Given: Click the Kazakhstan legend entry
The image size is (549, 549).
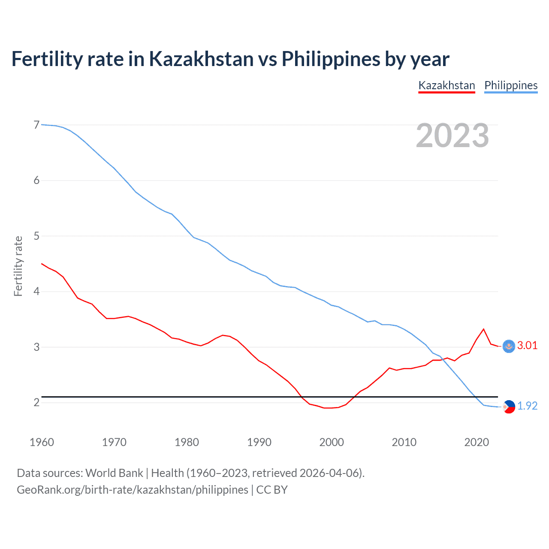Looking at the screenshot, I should [x=446, y=85].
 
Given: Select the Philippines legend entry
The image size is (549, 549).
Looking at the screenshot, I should [x=511, y=85].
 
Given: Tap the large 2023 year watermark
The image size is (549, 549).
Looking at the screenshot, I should [x=452, y=136].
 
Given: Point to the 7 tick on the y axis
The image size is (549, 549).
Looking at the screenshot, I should [x=36, y=125].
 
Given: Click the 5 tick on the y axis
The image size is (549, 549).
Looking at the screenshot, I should [x=36, y=236].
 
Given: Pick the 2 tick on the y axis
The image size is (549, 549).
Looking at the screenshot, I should [x=36, y=402].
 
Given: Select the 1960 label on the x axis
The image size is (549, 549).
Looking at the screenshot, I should [x=42, y=442].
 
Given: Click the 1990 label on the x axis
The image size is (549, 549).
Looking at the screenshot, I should [x=259, y=442].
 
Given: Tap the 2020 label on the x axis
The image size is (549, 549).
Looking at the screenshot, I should [x=477, y=442].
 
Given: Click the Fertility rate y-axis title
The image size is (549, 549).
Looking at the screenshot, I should [x=18, y=266].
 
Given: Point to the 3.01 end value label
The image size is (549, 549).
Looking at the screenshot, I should [x=527, y=346].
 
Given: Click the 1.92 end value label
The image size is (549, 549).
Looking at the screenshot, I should [x=527, y=406].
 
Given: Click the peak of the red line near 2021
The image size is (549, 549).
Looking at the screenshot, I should [x=484, y=329].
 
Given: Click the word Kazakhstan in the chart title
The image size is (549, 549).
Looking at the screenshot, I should [x=201, y=59].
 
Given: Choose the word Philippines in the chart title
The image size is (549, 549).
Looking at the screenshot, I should [x=330, y=59].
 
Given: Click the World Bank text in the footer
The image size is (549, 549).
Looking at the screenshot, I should [x=114, y=473].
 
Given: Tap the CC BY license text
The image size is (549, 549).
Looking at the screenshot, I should [x=272, y=490].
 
